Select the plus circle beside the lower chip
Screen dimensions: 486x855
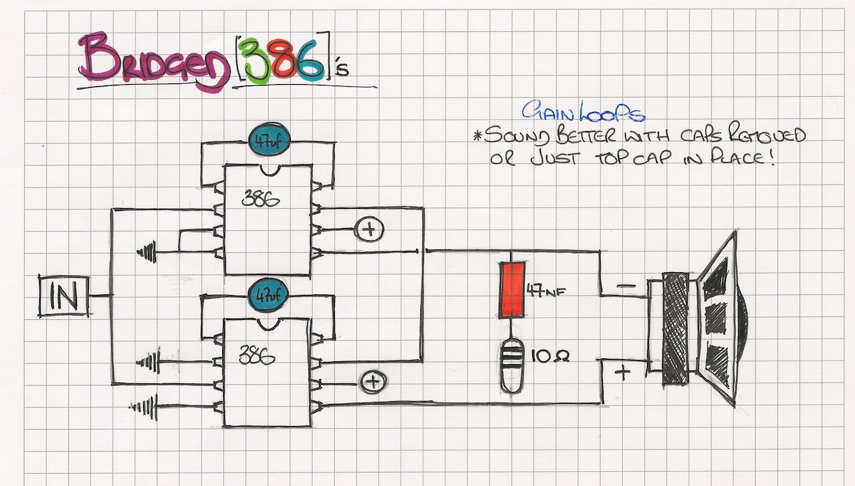pyautogui.click(x=370, y=382)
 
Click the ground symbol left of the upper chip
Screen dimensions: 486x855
pyautogui.click(x=147, y=251)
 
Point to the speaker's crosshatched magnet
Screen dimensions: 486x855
pyautogui.click(x=676, y=329)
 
